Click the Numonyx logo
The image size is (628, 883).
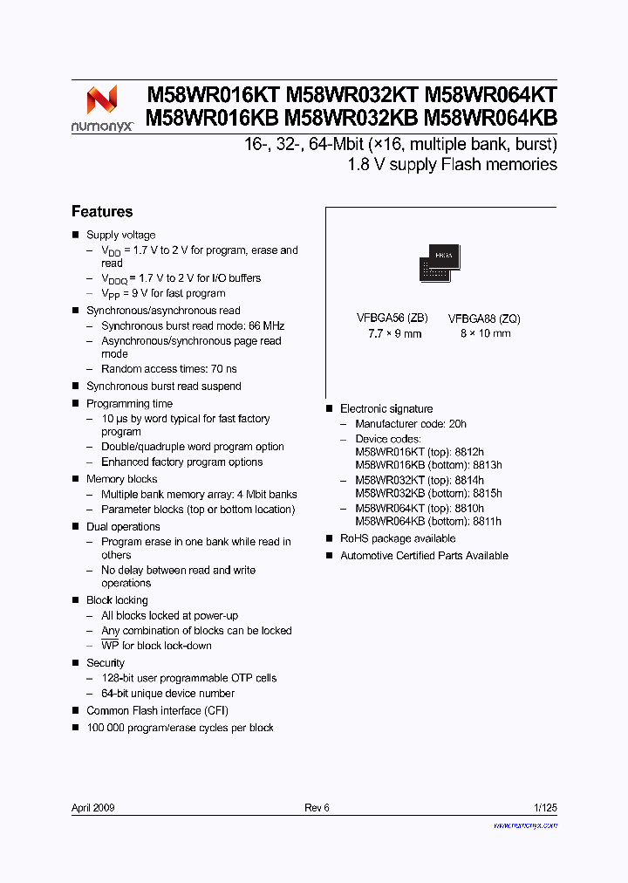pyautogui.click(x=102, y=108)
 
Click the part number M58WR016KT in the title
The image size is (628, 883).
pyautogui.click(x=212, y=96)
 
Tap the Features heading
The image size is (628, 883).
pyautogui.click(x=102, y=212)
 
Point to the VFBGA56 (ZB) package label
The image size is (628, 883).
pyautogui.click(x=392, y=318)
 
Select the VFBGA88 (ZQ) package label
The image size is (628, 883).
pyautogui.click(x=484, y=319)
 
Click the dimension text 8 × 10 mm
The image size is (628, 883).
pyautogui.click(x=484, y=333)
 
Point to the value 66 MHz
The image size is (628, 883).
pyautogui.click(x=266, y=326)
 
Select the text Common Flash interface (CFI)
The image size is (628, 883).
pyautogui.click(x=157, y=711)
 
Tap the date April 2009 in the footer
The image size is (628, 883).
pyautogui.click(x=93, y=808)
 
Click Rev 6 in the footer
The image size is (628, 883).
pyautogui.click(x=317, y=808)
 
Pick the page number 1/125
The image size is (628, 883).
pyautogui.click(x=544, y=808)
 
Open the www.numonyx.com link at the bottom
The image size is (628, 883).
pyautogui.click(x=525, y=825)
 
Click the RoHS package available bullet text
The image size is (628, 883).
pyautogui.click(x=398, y=539)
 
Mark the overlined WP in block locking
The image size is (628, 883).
pyautogui.click(x=110, y=646)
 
